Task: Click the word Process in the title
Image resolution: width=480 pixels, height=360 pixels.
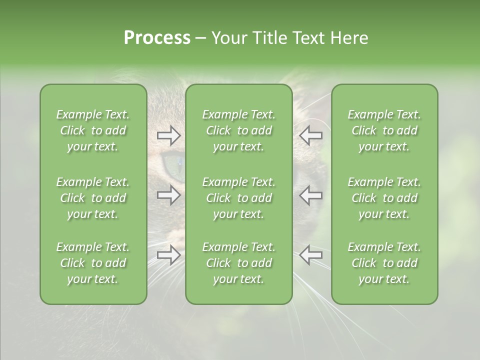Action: pos(157,38)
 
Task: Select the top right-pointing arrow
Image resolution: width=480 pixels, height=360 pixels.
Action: pos(168,135)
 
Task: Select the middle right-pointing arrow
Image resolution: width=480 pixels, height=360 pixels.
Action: pos(168,195)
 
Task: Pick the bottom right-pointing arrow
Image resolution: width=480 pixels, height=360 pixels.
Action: pos(168,254)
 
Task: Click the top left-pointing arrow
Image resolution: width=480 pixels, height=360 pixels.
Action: pos(310,135)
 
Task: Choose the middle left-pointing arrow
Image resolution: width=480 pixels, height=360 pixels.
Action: pos(310,195)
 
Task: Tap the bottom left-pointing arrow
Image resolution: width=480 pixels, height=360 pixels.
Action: pos(310,254)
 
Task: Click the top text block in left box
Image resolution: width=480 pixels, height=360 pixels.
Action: pos(93,130)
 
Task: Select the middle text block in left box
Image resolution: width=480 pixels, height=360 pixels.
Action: pos(93,198)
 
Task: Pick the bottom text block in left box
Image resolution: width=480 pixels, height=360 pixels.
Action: pos(93,263)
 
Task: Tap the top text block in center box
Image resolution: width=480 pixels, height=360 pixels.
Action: pos(238,130)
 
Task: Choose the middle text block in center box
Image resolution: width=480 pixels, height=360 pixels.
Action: pos(238,198)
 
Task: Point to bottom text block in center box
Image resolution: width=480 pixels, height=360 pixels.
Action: pos(238,263)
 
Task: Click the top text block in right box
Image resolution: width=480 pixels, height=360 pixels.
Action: pos(384,130)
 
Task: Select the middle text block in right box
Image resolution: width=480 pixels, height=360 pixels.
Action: pos(384,198)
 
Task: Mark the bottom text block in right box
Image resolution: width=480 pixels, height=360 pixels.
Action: pos(384,263)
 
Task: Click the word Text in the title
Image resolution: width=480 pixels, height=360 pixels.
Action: pos(307,38)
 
